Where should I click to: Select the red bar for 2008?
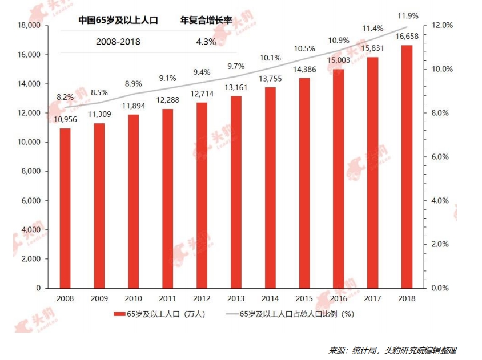(x=65, y=208)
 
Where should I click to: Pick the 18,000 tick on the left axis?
(x=29, y=26)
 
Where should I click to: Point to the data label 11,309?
(x=99, y=114)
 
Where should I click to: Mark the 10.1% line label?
(x=270, y=58)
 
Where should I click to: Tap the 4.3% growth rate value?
(x=206, y=42)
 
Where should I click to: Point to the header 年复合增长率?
(x=206, y=21)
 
